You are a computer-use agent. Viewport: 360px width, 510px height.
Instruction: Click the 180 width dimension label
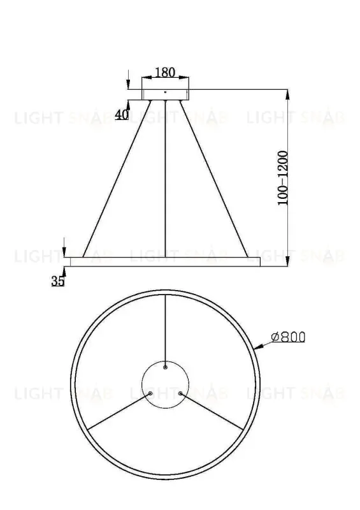[x=165, y=72]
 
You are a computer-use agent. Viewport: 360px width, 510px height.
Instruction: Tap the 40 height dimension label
[x=122, y=115]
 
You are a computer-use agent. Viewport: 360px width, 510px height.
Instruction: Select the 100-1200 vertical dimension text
[x=283, y=178]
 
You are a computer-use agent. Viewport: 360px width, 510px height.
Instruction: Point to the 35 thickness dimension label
[x=58, y=281]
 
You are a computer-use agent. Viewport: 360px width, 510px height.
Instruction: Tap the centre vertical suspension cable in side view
[x=165, y=178]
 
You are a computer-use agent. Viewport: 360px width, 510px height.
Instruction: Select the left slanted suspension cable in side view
[x=115, y=178]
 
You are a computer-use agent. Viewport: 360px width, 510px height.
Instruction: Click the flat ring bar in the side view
[x=165, y=261]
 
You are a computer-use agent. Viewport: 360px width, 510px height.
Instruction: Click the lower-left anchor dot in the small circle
[x=150, y=393]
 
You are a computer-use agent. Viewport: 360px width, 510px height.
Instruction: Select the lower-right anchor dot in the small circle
[x=180, y=393]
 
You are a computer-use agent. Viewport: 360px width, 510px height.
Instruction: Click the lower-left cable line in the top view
[x=118, y=411]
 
